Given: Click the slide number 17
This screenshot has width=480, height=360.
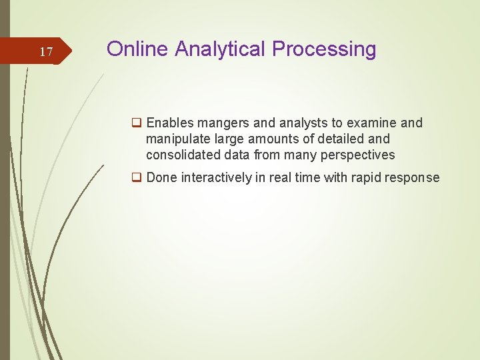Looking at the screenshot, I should [46, 52].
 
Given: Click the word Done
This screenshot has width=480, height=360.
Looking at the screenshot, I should [161, 177].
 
